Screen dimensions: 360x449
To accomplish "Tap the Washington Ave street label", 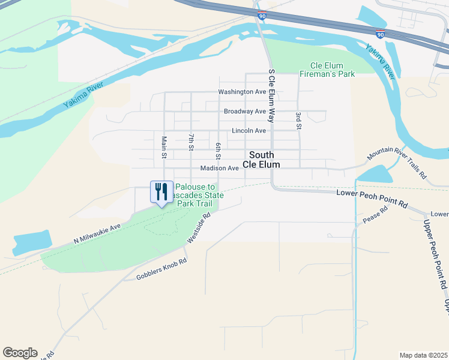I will pyautogui.click(x=242, y=92).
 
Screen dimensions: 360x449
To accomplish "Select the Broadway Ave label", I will pyautogui.click(x=244, y=112).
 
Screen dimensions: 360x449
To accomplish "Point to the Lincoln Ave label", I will pyautogui.click(x=249, y=131).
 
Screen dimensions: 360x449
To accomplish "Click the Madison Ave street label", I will pyautogui.click(x=220, y=169).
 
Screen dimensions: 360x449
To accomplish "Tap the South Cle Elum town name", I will pyautogui.click(x=261, y=160).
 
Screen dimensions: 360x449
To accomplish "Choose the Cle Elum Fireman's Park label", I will pyautogui.click(x=332, y=70).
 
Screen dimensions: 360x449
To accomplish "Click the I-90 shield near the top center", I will pyautogui.click(x=262, y=15).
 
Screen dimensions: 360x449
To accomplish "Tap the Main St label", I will pyautogui.click(x=163, y=147).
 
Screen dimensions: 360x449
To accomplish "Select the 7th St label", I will pyautogui.click(x=191, y=142).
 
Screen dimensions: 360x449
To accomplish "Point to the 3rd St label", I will pyautogui.click(x=298, y=120).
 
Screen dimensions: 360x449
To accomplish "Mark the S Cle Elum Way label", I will pyautogui.click(x=271, y=96).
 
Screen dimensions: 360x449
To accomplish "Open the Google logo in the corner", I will pyautogui.click(x=20, y=353).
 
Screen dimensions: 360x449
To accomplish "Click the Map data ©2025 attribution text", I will pyautogui.click(x=423, y=355).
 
